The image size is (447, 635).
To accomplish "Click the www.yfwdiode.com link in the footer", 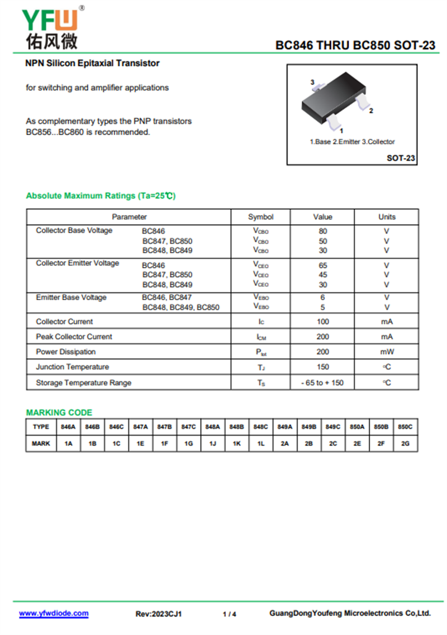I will pos(54,613).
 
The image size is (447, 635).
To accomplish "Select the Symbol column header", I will pos(261,217).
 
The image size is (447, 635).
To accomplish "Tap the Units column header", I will pos(387,217).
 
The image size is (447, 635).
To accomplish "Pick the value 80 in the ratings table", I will pos(323,231).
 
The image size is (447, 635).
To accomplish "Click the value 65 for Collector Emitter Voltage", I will pos(323,265).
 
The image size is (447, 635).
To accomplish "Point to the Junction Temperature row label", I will pos(72,367).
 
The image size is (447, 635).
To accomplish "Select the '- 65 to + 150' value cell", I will pos(322,383).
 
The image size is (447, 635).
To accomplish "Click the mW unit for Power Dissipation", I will pos(387,352).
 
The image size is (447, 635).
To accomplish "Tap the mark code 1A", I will pos(69,443).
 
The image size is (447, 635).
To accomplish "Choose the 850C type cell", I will pos(406,427).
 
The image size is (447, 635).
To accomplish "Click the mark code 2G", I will pos(406,443).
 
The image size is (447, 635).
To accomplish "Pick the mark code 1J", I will pos(213,443).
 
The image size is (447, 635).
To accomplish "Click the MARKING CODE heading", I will pos(59,413).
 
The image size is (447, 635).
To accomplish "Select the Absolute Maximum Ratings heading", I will pos(101,196).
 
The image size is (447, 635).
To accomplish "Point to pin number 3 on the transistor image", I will pos(312,82).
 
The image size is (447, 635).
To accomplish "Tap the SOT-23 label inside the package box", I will pos(401,158).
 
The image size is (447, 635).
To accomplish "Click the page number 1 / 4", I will pos(229,614).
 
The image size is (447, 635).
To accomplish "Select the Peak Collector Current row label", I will pos(74,337).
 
